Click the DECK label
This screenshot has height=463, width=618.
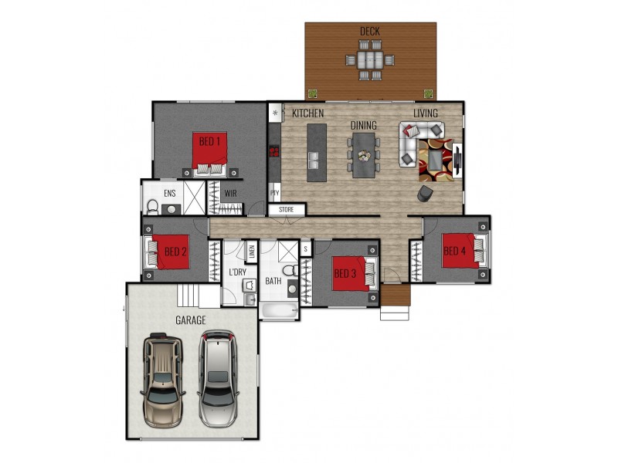coord(370,31)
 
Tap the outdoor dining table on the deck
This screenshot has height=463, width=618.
coord(370,60)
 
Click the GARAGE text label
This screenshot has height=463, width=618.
coord(190,320)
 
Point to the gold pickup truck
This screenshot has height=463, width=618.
coord(163,380)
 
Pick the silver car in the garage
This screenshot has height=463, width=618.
coord(218,378)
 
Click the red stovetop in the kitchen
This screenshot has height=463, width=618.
coord(274,151)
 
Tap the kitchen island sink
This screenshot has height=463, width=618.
coord(314,160)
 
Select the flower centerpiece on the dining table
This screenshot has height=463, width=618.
coord(364,156)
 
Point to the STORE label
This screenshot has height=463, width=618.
coord(286,209)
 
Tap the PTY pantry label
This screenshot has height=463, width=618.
coord(275,194)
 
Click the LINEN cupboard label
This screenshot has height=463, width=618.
coord(252,252)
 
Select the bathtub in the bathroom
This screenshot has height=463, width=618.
coord(279,311)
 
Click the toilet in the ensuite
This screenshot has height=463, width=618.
coord(152,207)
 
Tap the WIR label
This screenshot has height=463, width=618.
coord(230,194)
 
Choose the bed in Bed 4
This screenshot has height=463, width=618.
coord(465,251)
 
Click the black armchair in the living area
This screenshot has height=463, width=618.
coord(425,194)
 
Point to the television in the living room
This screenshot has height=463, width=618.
coord(457,160)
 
